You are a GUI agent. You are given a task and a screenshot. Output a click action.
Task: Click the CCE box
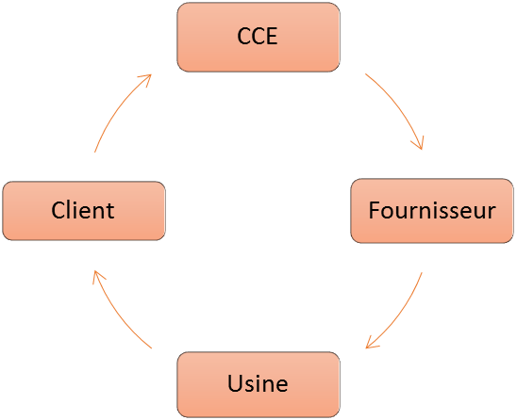click(x=258, y=37)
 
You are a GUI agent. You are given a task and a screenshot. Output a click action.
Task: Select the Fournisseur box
click(x=432, y=210)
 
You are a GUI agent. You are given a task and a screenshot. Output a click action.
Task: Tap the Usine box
click(x=258, y=383)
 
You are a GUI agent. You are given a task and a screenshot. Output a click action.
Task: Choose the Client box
click(x=83, y=210)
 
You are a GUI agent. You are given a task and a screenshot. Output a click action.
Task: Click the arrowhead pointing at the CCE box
click(x=147, y=79)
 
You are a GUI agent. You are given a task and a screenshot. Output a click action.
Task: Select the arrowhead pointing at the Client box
click(x=96, y=273)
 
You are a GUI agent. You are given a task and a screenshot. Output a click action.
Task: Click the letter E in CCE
click(x=275, y=37)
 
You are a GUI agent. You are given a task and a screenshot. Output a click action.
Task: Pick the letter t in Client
click(x=109, y=210)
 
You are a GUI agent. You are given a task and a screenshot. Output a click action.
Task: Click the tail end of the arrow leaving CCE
click(x=366, y=73)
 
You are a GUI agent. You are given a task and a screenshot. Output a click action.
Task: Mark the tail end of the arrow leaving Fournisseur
click(x=422, y=274)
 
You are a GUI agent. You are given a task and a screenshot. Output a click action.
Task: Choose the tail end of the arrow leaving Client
click(x=95, y=152)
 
